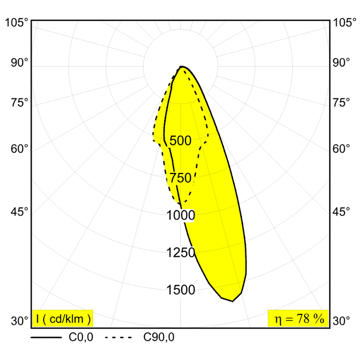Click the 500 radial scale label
click(x=181, y=141)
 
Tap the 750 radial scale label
click(x=181, y=178)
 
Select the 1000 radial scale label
click(x=181, y=216)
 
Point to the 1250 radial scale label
click(x=181, y=253)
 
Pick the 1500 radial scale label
click(x=181, y=290)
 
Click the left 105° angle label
click(x=18, y=23)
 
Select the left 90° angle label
click(x=20, y=63)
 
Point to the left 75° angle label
click(x=20, y=103)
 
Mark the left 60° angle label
click(x=20, y=148)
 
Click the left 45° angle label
click(x=20, y=211)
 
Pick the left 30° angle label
click(x=20, y=321)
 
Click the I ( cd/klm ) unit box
click(x=63, y=319)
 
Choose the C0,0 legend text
click(x=81, y=337)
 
